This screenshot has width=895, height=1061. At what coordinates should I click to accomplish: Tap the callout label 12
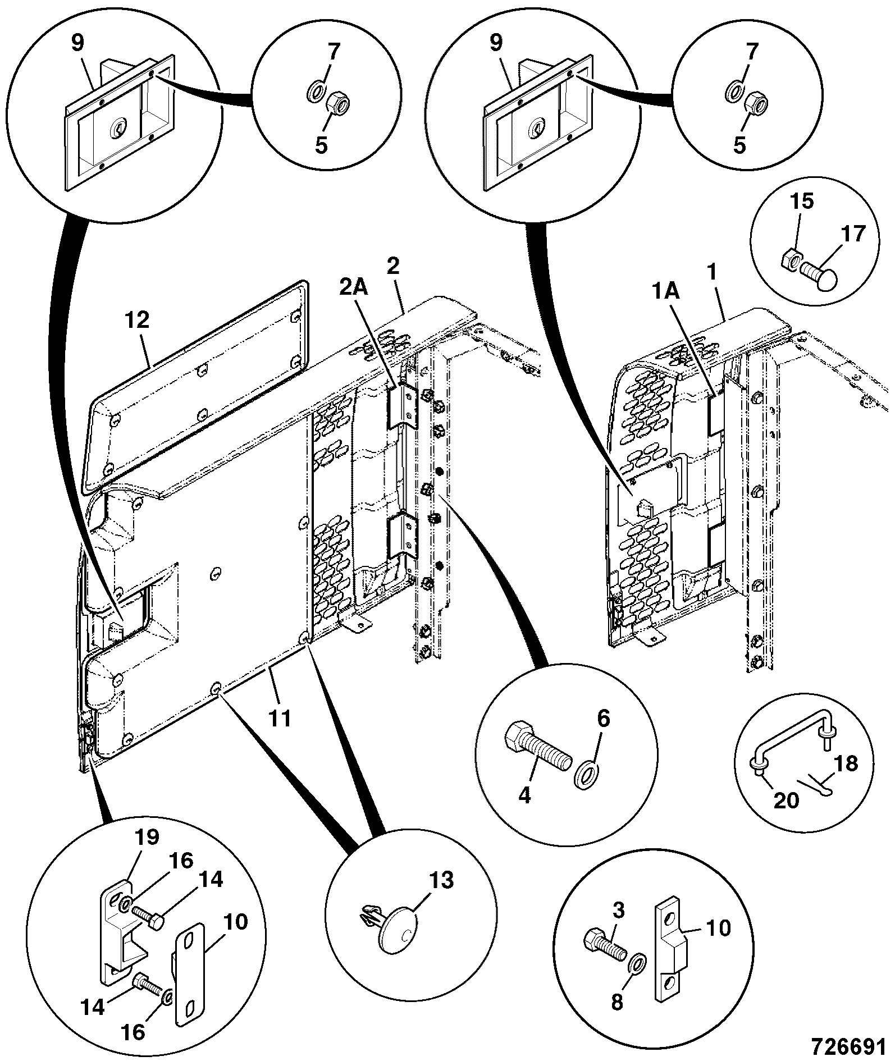pyautogui.click(x=138, y=320)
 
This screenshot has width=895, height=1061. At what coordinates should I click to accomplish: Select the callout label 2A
pyautogui.click(x=353, y=288)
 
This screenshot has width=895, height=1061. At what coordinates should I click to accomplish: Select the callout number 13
pyautogui.click(x=441, y=880)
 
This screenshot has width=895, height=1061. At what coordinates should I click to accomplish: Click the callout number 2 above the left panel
pyautogui.click(x=392, y=266)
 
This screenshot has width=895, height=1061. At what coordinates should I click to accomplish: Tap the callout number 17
pyautogui.click(x=852, y=233)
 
